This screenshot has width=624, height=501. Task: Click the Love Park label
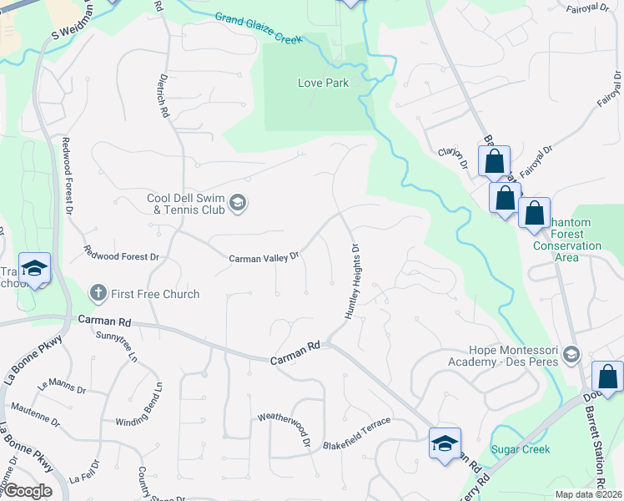click(x=323, y=83)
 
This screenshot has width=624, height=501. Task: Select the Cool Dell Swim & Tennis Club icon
click(x=238, y=204)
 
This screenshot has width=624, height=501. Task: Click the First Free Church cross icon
click(x=98, y=293)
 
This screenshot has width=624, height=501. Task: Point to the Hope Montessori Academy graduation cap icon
click(x=571, y=355)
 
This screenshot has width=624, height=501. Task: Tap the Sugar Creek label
click(x=521, y=449)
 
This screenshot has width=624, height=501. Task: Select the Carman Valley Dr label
click(x=264, y=259)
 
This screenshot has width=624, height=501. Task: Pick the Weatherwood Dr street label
click(x=284, y=427)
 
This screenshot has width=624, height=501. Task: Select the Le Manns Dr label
click(x=62, y=387)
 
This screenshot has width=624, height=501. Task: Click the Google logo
click(x=27, y=490)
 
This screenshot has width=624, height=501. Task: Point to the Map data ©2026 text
click(x=588, y=494)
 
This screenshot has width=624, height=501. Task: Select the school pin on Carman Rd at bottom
click(x=445, y=442)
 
